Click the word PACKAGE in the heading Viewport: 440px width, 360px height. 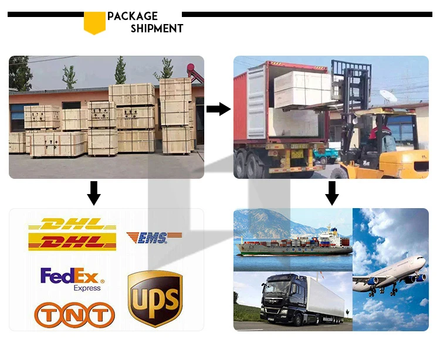133,16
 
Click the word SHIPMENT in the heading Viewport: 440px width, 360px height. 157,28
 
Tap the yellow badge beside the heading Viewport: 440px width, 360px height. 94,22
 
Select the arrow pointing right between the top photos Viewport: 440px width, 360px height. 218,108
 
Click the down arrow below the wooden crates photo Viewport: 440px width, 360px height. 93,193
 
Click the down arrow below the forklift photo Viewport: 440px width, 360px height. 332,193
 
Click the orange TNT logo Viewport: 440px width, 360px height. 72,315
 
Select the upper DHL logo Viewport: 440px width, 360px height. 72,225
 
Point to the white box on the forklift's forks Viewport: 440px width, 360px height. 302,88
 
